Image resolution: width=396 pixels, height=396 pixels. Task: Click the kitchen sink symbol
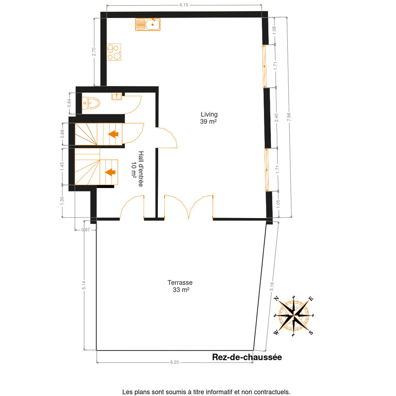(148, 24)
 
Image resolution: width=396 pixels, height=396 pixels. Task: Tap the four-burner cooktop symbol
(114, 52)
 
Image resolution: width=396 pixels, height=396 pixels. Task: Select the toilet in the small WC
(91, 103)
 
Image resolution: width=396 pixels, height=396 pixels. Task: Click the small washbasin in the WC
(117, 96)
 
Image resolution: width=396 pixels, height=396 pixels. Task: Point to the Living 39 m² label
(209, 118)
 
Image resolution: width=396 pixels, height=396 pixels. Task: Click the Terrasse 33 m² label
(180, 286)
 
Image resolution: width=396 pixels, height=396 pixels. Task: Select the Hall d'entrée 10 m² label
(137, 169)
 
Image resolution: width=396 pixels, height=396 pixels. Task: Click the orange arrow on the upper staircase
(113, 134)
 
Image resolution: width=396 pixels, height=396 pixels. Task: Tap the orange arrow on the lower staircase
(110, 172)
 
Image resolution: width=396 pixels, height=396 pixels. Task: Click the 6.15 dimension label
(184, 5)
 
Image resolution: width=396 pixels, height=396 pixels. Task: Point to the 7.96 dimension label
(289, 117)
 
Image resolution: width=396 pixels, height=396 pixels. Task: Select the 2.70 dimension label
(94, 51)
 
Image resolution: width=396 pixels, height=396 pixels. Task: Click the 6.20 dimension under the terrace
(175, 362)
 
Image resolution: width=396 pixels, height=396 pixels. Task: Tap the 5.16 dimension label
(272, 286)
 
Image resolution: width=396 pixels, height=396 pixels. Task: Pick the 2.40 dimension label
(277, 117)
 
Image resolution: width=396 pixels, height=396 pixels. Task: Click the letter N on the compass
(277, 298)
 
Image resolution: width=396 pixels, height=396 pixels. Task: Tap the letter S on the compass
(311, 332)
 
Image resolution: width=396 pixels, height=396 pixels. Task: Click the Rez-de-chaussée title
(247, 357)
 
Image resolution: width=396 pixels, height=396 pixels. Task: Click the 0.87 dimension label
(86, 230)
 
